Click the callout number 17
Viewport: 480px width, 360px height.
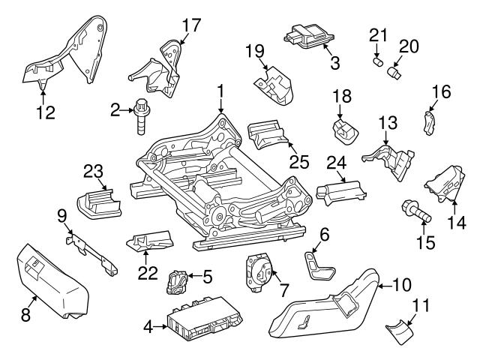point(191,25)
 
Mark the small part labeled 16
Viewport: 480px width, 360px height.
point(430,121)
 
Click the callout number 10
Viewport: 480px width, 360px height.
point(402,284)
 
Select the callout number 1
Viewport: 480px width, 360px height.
point(220,91)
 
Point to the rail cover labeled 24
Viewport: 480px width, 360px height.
point(342,193)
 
